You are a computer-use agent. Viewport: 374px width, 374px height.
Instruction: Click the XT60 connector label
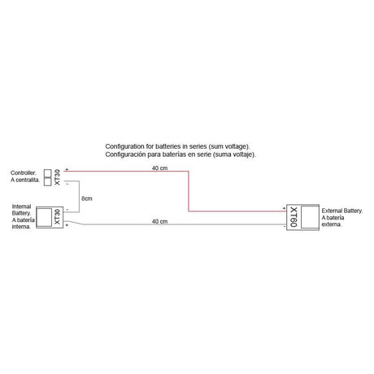coord(294,217)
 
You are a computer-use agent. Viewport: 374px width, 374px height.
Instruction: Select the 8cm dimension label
coord(87,198)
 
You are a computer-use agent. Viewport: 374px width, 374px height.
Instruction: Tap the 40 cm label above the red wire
coord(159,168)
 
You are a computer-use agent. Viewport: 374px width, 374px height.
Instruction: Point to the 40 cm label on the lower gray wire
coord(159,221)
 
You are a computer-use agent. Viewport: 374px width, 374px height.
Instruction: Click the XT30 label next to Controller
coord(57,177)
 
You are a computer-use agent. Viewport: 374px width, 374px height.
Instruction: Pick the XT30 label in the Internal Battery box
coord(57,217)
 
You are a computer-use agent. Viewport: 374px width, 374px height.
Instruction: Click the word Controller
coord(23,172)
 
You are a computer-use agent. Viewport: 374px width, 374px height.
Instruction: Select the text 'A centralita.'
coord(25,180)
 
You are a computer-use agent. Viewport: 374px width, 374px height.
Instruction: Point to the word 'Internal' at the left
coord(21,207)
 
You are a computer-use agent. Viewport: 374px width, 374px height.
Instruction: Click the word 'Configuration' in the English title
coord(124,146)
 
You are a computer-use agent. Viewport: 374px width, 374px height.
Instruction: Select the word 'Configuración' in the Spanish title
coord(125,154)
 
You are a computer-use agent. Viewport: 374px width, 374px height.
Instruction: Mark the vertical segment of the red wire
coord(189,191)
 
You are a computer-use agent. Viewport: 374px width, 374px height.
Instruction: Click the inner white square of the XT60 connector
coord(310,217)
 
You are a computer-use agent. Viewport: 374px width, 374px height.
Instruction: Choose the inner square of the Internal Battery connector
coord(44,217)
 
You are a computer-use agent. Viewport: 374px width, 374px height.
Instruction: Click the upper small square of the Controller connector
coord(47,173)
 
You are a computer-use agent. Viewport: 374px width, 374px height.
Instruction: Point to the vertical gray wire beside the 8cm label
coord(79,197)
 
